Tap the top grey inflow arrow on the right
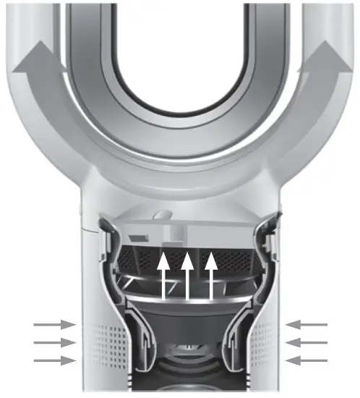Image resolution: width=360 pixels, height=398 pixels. click(308, 325)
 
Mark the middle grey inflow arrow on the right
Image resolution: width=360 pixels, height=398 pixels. click(308, 342)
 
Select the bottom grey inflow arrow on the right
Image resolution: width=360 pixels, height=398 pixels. click(308, 360)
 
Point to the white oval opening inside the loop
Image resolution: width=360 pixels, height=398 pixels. click(181, 51)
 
